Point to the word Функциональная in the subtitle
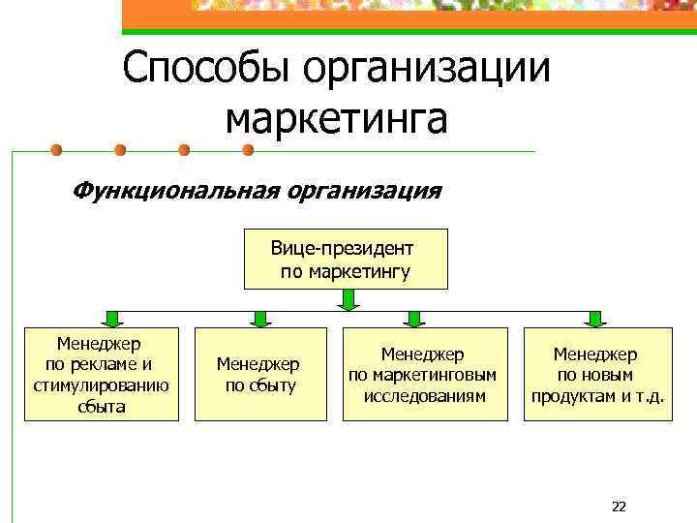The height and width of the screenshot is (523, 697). (173, 190)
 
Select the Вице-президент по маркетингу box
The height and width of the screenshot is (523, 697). (346, 260)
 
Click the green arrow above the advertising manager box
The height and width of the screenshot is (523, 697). (112, 317)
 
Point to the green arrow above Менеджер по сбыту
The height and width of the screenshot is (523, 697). (258, 317)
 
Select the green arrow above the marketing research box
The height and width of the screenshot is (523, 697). (414, 317)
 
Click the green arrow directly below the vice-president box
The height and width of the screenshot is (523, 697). (348, 300)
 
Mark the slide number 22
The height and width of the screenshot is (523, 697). (620, 507)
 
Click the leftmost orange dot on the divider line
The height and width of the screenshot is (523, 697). (56, 150)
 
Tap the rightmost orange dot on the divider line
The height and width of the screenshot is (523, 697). (247, 150)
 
